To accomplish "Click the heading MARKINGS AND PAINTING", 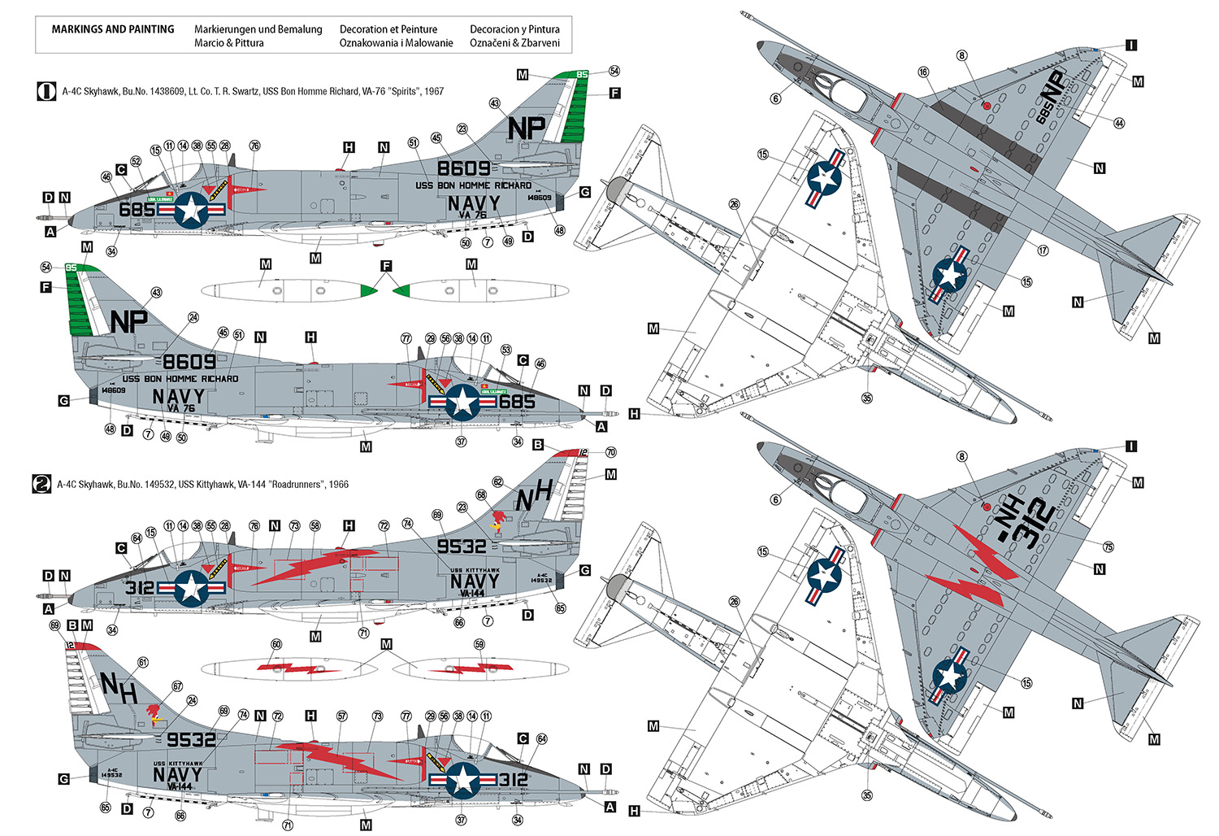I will pos(112,29).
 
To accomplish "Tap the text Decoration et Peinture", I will pos(388,29).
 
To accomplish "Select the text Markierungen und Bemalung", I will pos(258,29).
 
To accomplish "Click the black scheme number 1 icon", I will pos(46,91).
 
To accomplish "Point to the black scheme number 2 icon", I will pos(41,484).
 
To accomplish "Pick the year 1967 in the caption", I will pos(432,92).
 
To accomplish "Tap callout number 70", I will pos(610,452).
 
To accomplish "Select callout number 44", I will pos(1119,123).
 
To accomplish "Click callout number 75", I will pos(1108,546).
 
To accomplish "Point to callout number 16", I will pos(923,72).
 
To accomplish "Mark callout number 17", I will pos(1043,250).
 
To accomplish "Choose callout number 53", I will pos(505,350).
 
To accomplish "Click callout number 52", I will pos(137,162).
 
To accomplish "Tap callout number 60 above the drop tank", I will pos(276,644).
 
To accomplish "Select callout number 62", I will pos(497,482).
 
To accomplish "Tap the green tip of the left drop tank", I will pos(369,290).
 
